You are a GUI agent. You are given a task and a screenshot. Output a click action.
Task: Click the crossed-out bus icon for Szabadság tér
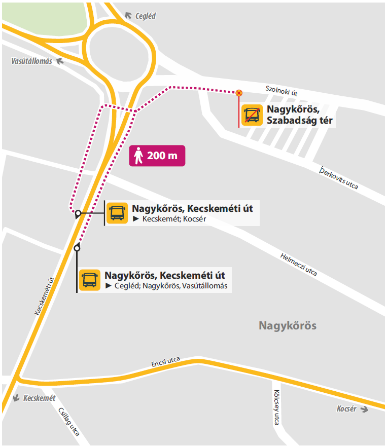pyautogui.click(x=252, y=115)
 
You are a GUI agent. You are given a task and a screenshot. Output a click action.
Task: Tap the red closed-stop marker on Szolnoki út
pyautogui.click(x=239, y=93)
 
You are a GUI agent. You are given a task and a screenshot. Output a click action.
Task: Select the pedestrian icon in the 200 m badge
pyautogui.click(x=138, y=156)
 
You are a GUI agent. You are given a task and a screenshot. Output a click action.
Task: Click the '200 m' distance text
pyautogui.click(x=162, y=156)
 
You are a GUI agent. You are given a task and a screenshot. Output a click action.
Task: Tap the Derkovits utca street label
pyautogui.click(x=339, y=178)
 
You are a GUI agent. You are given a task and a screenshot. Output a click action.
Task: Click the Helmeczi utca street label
pyautogui.click(x=299, y=264)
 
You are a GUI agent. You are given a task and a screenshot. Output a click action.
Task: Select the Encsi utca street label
pyautogui.click(x=166, y=362)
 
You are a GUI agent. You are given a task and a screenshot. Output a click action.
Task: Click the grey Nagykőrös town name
pyautogui.click(x=288, y=325)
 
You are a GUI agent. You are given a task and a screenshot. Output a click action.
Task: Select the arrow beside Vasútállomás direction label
pyautogui.click(x=60, y=61)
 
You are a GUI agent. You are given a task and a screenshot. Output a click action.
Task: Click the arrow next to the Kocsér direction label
pyautogui.click(x=364, y=409)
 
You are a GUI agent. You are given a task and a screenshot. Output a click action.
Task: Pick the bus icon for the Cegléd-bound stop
pyautogui.click(x=90, y=280)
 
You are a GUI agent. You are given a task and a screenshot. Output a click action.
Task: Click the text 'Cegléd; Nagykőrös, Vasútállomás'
pyautogui.click(x=171, y=286)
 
